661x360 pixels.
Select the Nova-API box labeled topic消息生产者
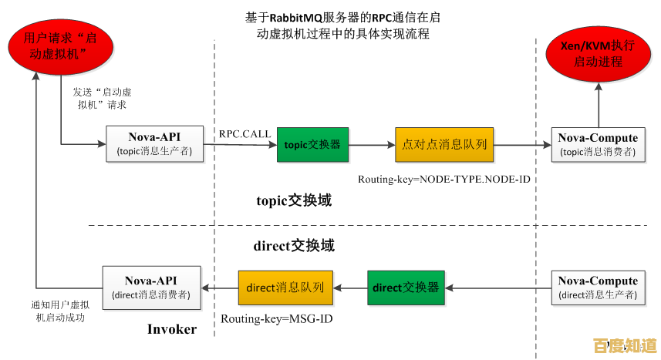[x=154, y=143]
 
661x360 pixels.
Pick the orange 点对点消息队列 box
[x=445, y=143]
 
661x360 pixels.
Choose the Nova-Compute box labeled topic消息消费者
[x=598, y=144]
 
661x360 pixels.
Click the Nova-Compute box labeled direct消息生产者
[x=598, y=288]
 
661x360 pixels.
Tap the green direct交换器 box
[x=406, y=288]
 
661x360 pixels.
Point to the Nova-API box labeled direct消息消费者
[x=152, y=288]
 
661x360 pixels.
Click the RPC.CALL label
[x=245, y=133]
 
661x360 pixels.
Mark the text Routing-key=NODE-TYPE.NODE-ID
[x=444, y=179]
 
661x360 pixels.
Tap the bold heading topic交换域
[x=294, y=200]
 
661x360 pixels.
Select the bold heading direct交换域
[x=294, y=246]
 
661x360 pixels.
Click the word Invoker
[x=172, y=329]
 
